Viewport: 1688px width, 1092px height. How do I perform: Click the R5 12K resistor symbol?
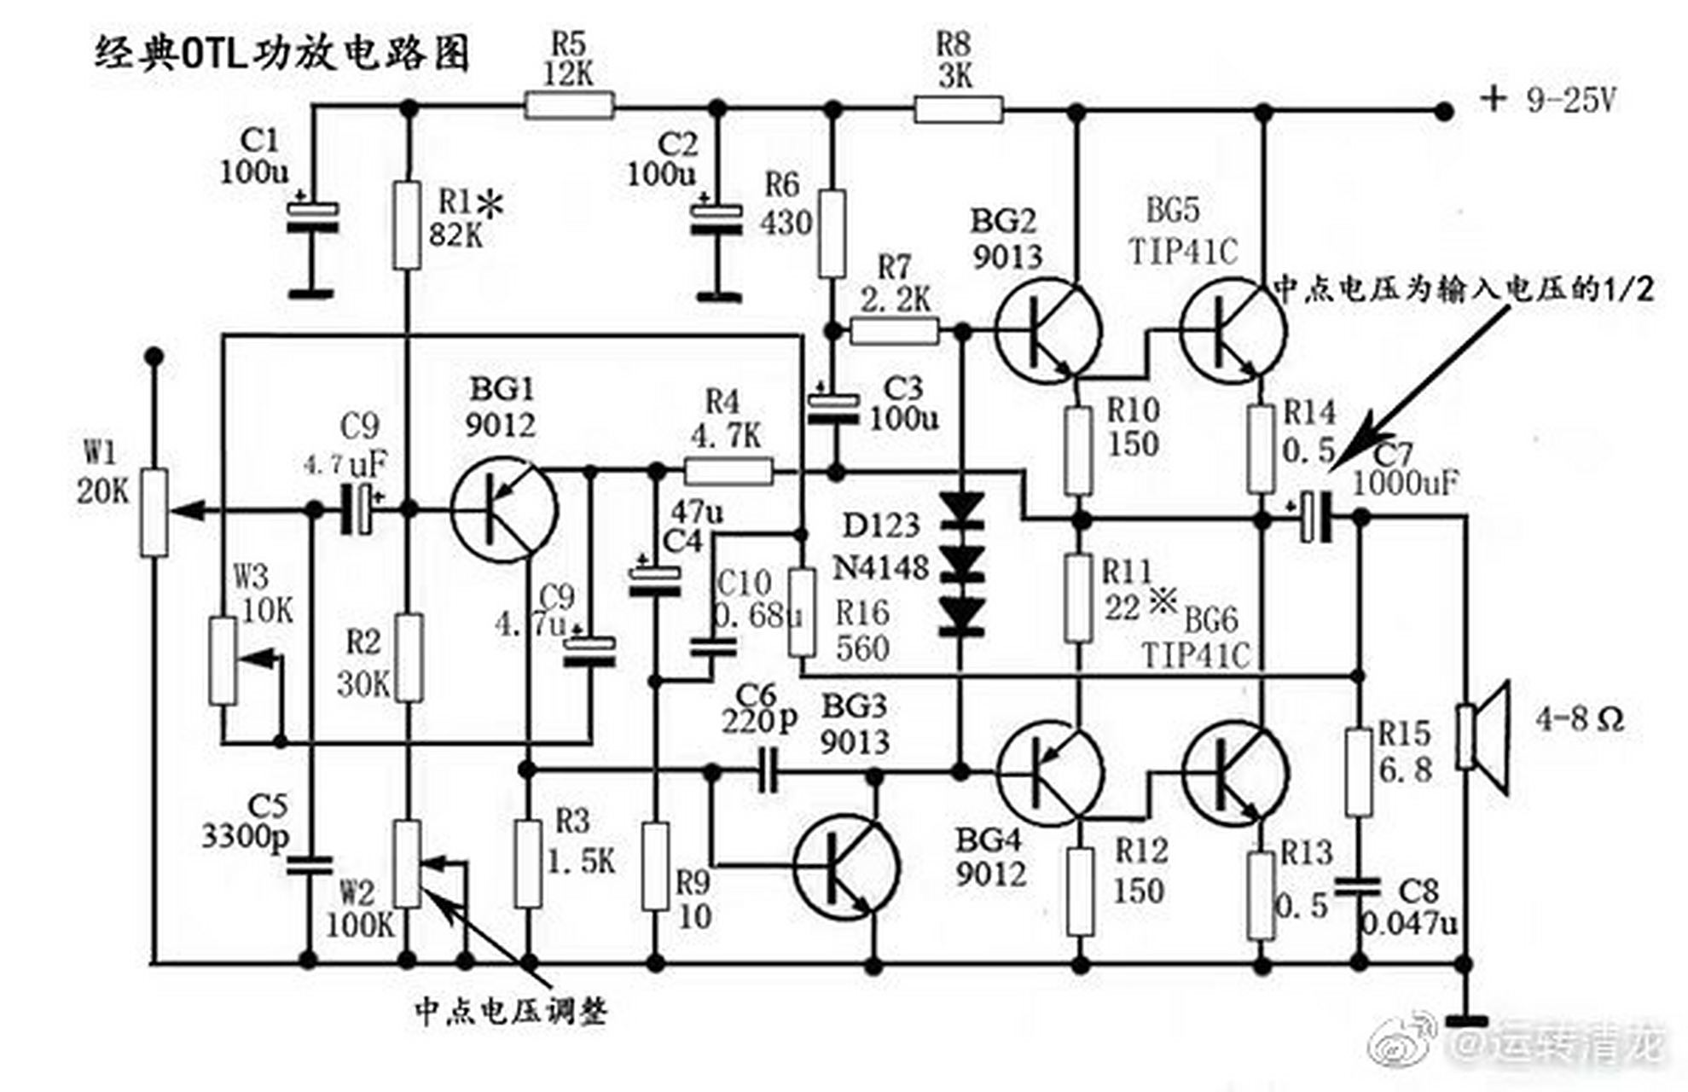tap(569, 107)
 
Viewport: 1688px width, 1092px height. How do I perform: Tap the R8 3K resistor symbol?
tap(958, 109)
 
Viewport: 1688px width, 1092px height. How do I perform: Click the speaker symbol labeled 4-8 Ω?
tap(1484, 737)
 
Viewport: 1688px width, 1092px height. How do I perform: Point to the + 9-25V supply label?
tap(1548, 101)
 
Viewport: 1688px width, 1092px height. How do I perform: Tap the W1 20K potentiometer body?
tap(154, 512)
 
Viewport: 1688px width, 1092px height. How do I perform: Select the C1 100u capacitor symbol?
tap(311, 217)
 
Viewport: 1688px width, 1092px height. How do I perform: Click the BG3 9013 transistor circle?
tap(846, 867)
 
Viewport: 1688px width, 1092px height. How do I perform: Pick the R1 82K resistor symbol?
tap(407, 224)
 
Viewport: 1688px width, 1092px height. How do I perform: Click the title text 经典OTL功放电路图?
tap(281, 53)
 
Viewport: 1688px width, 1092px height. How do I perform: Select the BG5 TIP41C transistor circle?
tap(1233, 331)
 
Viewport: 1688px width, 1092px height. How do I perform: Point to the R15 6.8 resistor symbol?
tap(1358, 771)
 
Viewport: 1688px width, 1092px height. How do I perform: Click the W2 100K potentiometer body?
tap(407, 863)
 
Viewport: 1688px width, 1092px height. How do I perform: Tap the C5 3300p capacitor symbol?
tap(309, 865)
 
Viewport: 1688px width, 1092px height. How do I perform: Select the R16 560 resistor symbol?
tap(801, 612)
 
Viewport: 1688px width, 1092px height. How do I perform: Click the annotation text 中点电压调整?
tap(511, 1012)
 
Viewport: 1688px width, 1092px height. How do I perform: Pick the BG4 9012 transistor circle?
tap(1048, 773)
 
